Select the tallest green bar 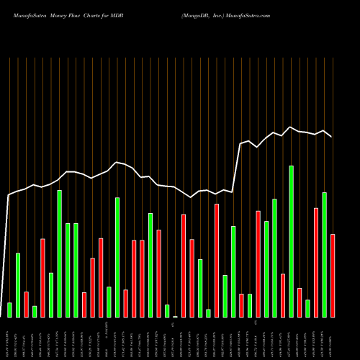(x=291, y=241)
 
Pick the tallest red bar (x=217, y=260)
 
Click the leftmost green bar (x=9, y=310)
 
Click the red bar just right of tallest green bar (x=300, y=302)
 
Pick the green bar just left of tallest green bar (x=283, y=295)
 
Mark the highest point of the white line (x=291, y=127)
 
